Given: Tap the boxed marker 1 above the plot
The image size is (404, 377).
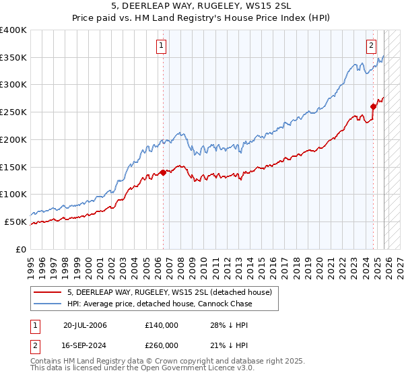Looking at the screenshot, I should [162, 46].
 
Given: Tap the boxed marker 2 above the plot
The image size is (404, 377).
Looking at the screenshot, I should [371, 46].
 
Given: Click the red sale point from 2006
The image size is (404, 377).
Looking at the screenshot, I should [162, 172].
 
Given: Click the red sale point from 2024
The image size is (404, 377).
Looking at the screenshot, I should [373, 106].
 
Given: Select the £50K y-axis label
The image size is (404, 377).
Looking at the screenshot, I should [15, 221].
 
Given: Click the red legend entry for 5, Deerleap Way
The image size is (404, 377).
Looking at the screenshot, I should [169, 292].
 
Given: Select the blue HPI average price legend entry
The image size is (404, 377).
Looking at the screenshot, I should [160, 304].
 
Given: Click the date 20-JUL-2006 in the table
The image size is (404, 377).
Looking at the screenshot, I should [84, 325].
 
